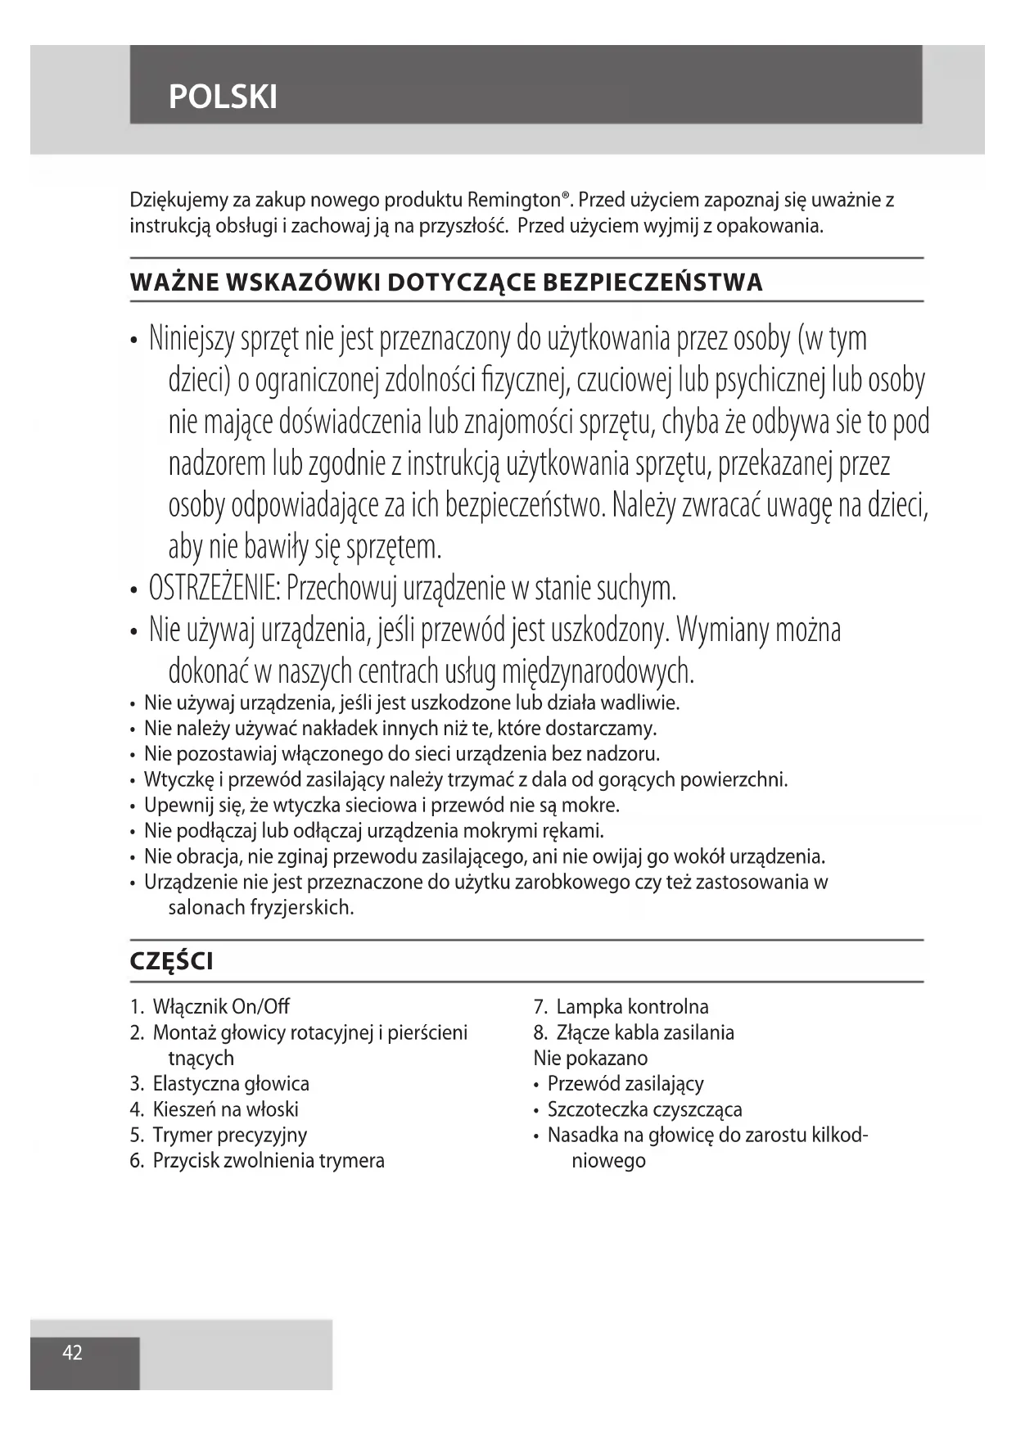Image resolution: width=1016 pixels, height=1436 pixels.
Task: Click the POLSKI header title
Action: [x=223, y=97]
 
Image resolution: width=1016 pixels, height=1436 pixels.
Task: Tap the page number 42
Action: [x=73, y=1352]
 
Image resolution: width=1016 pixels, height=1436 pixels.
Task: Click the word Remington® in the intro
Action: [x=518, y=200]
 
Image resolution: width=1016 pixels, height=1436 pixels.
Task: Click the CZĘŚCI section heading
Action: [x=171, y=961]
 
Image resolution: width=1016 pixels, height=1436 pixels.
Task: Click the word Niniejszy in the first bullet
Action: [x=191, y=338]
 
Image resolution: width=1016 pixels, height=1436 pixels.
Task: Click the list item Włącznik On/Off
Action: [x=220, y=1007]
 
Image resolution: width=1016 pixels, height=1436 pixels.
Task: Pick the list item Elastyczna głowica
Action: [x=230, y=1084]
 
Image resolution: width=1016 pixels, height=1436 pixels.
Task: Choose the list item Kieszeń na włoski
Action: [x=225, y=1109]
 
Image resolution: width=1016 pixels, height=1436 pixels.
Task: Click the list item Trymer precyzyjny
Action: [x=229, y=1135]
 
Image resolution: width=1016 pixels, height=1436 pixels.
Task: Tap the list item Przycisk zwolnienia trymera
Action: [x=268, y=1160]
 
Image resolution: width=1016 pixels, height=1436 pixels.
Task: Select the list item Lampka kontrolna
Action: [x=632, y=1007]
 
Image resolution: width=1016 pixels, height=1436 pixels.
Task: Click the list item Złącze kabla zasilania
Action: [x=644, y=1032]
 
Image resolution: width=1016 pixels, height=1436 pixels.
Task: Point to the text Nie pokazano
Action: [x=590, y=1058]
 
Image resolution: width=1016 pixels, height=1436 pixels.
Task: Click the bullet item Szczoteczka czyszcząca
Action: [x=644, y=1109]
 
